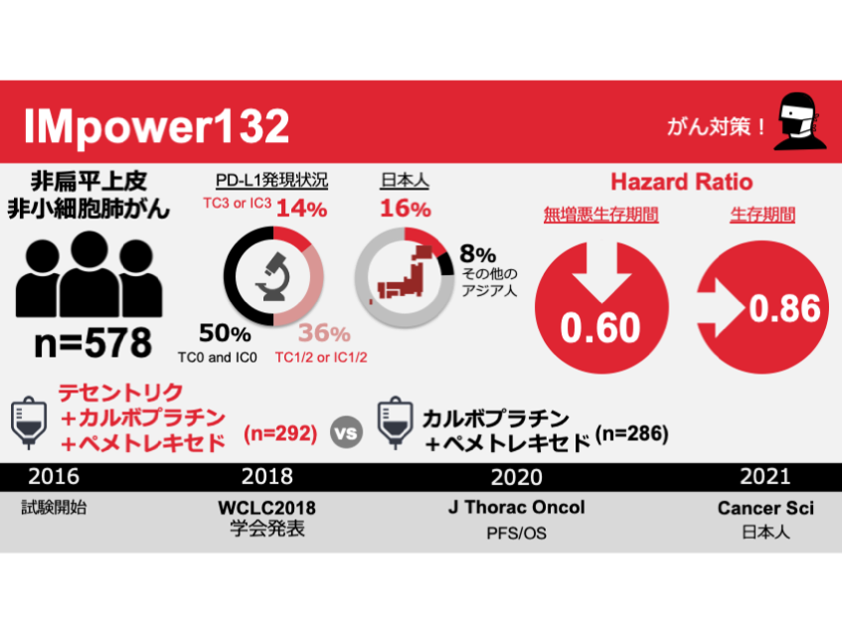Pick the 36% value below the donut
pos(325,334)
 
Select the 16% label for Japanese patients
pos(406,209)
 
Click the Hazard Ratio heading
pos(681,182)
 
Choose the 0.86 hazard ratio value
pos(785,309)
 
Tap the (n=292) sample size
pos(281,433)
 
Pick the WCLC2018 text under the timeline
pos(266,508)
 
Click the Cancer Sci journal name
pos(765,508)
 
